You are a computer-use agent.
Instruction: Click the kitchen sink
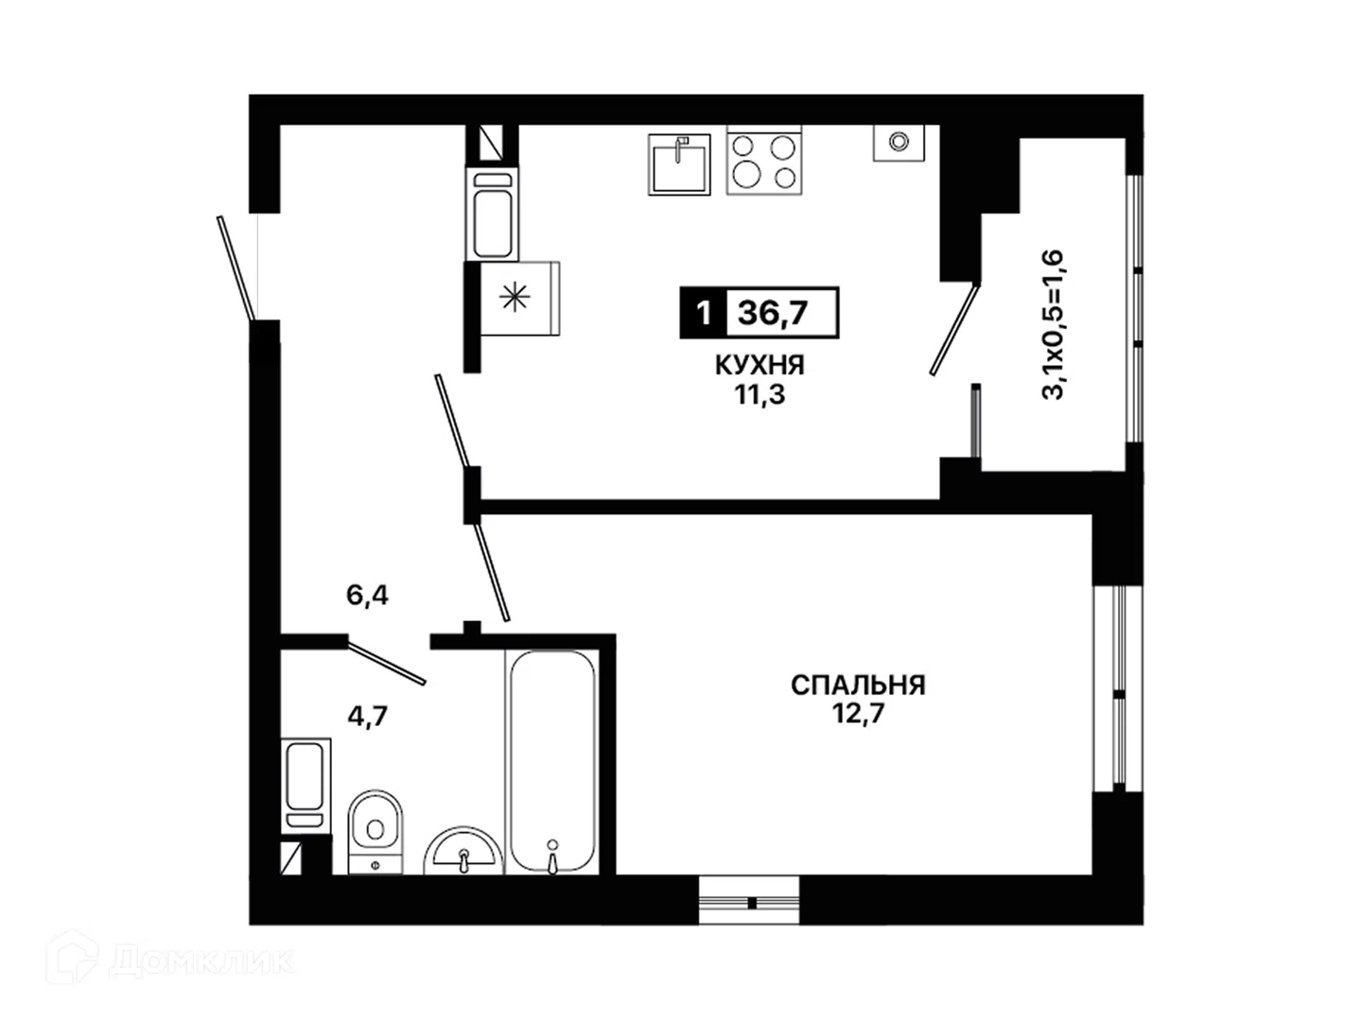click(679, 164)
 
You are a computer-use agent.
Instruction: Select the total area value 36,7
click(773, 313)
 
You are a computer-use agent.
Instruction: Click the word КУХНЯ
click(760, 366)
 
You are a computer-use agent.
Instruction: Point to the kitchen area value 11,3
click(760, 395)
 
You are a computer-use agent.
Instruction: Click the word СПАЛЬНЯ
click(858, 685)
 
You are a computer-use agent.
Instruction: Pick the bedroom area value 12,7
click(858, 714)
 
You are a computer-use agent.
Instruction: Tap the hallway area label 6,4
click(367, 596)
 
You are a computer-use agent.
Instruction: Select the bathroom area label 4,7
click(368, 717)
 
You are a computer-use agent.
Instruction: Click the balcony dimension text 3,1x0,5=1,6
click(1053, 324)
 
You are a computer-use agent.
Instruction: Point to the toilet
click(375, 832)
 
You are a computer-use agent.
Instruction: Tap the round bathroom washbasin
click(463, 851)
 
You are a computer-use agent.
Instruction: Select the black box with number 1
click(703, 313)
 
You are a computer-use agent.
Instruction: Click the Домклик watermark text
click(202, 961)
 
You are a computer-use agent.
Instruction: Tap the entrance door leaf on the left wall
click(236, 268)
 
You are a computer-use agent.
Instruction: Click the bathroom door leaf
click(387, 663)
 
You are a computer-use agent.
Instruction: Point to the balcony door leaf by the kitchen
click(954, 329)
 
